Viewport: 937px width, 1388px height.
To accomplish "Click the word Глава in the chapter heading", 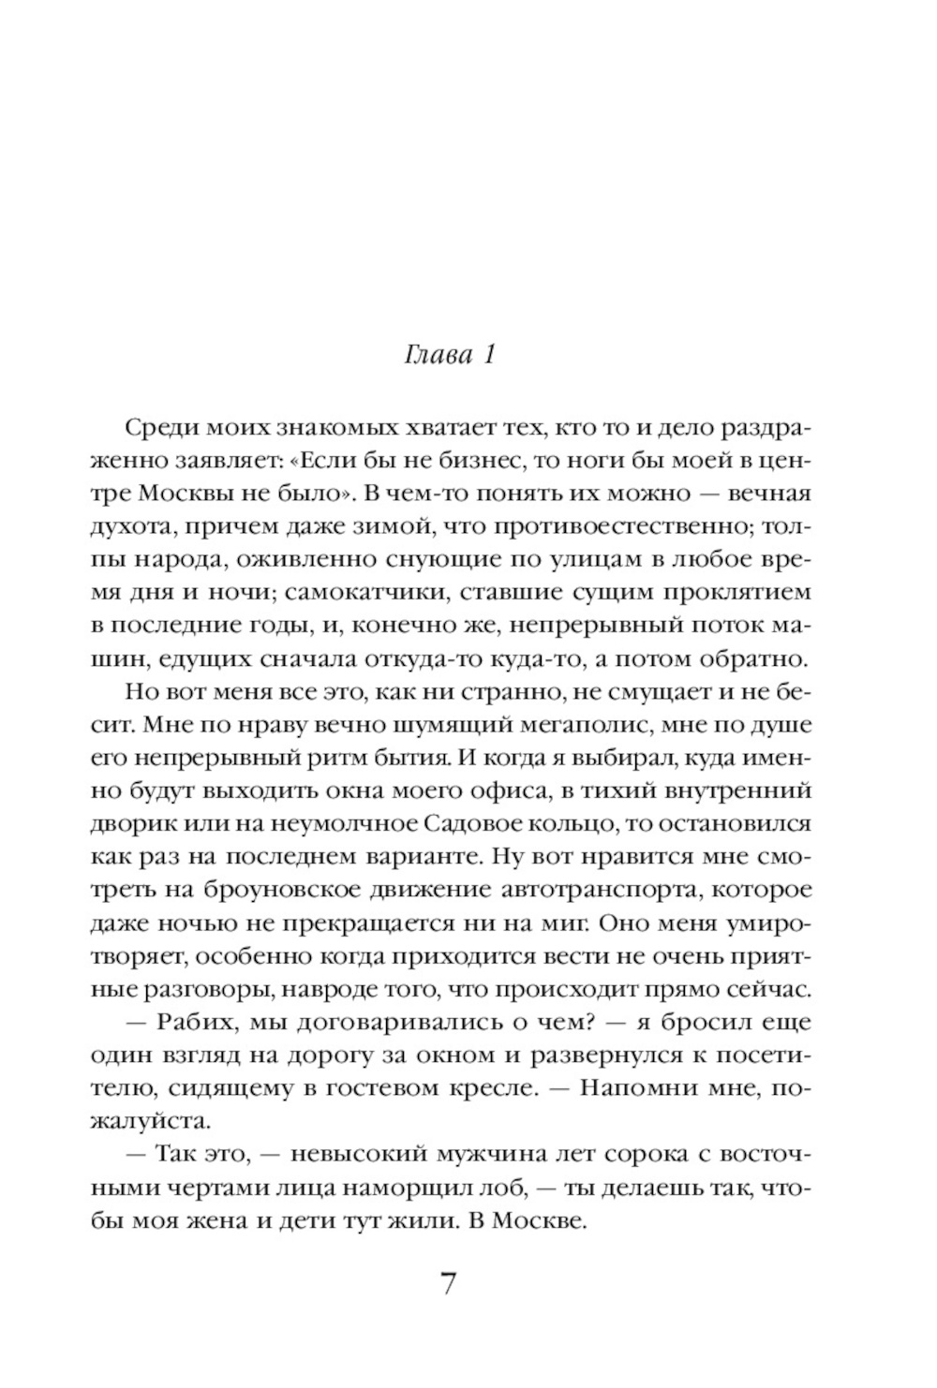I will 437,356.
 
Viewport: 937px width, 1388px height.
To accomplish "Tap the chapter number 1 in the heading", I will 487,356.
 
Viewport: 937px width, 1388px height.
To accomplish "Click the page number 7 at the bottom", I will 449,1283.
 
